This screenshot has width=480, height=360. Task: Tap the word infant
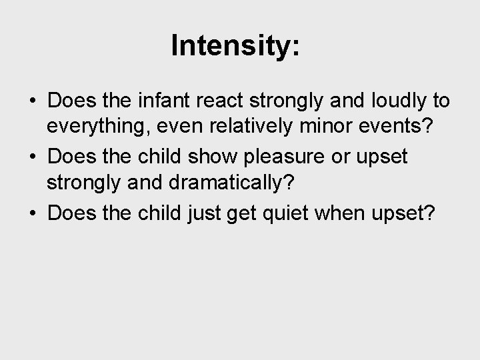coord(158,101)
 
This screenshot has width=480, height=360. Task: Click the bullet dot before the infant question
coord(33,102)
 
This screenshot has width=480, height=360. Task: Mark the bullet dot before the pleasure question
coord(33,157)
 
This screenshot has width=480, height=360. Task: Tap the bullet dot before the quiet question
coord(33,213)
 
